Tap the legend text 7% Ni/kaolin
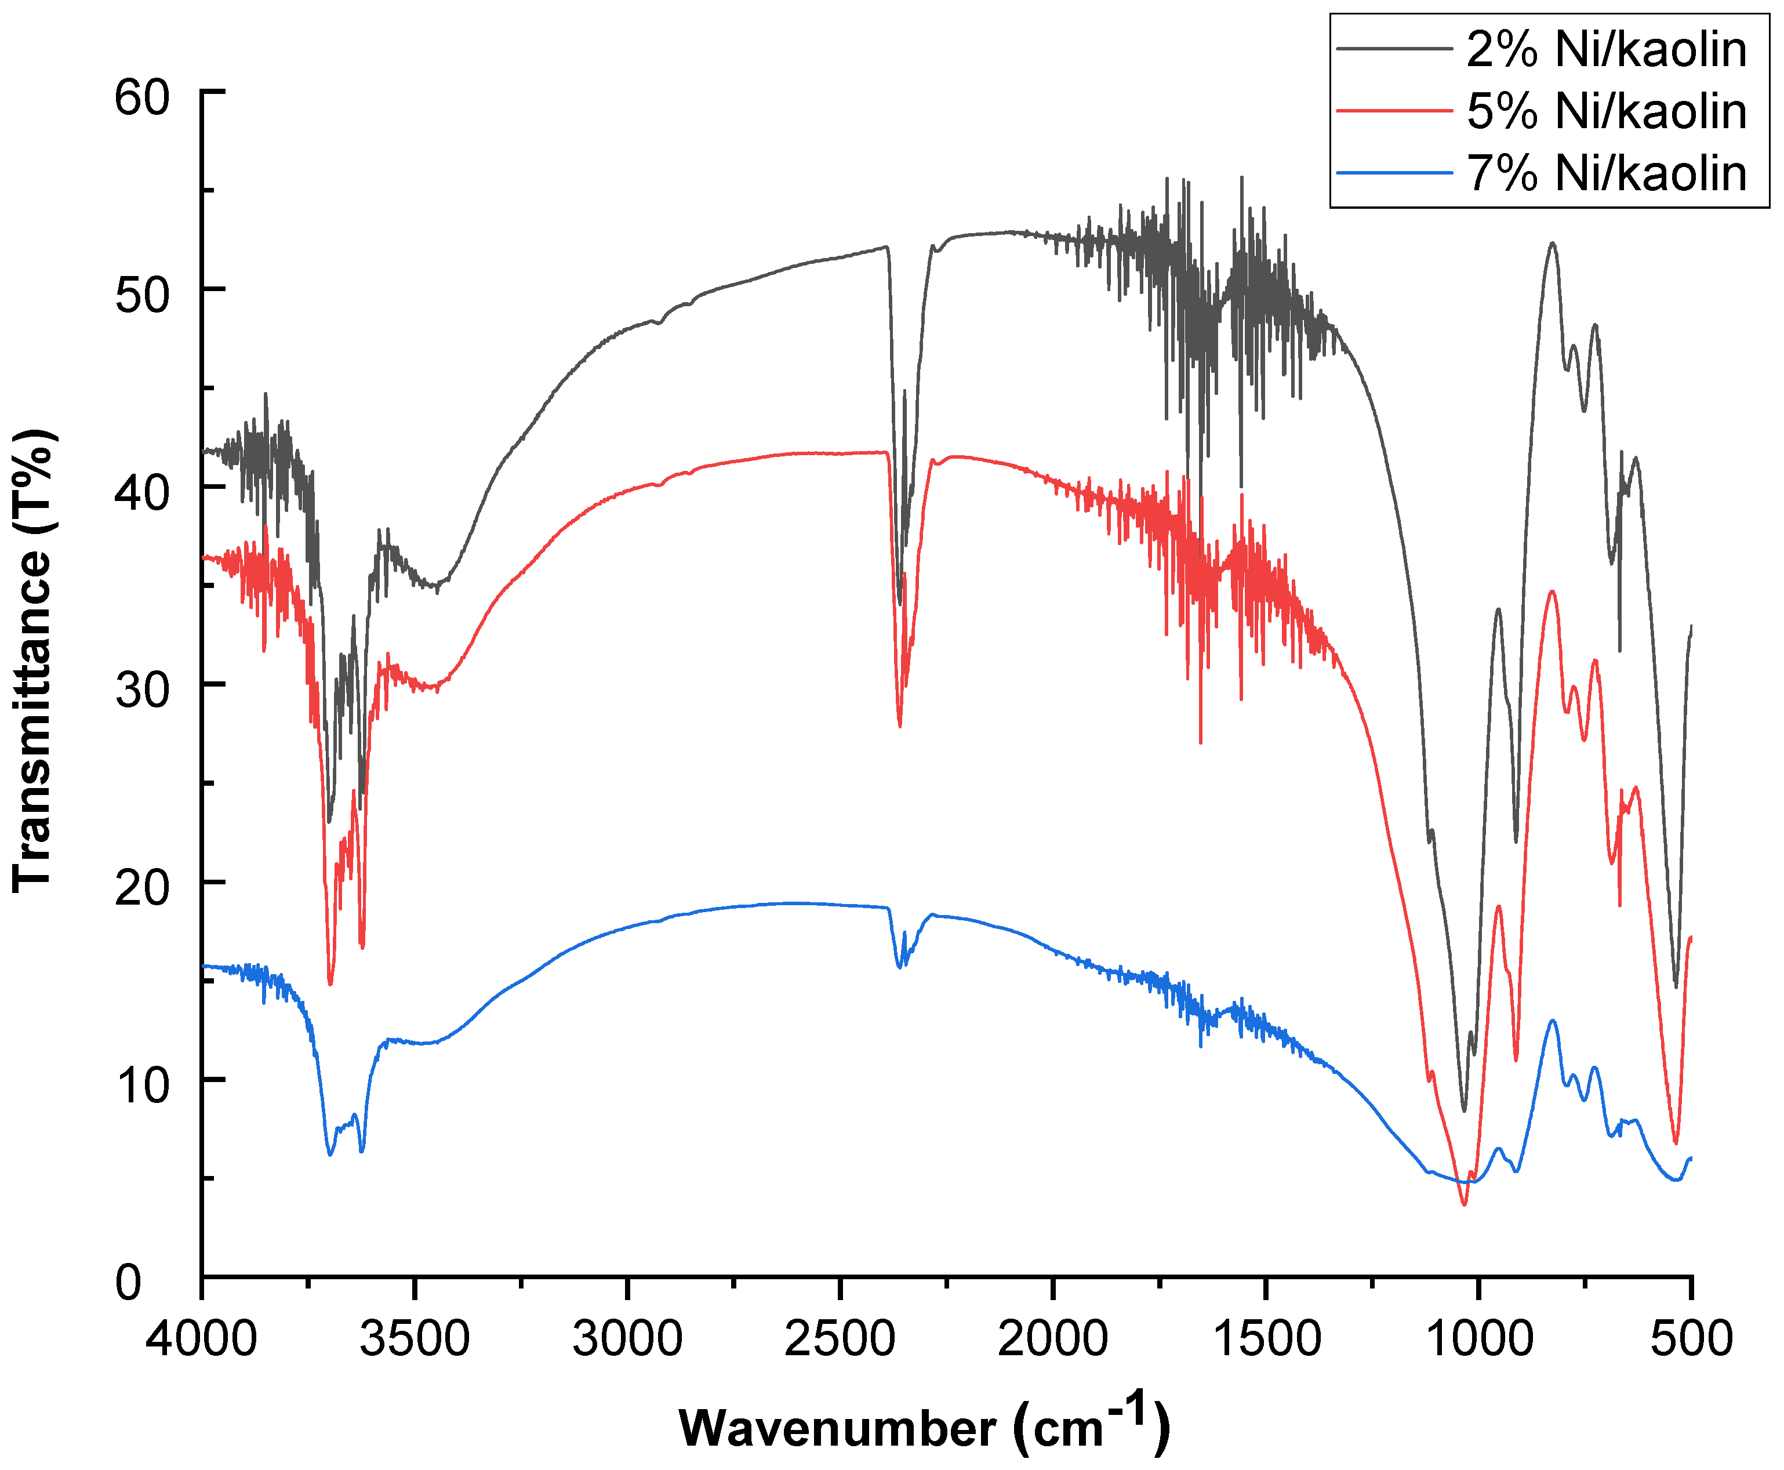tap(1606, 173)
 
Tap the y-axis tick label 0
tap(129, 1283)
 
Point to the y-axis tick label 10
tap(142, 1086)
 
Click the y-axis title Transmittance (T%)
tap(34, 660)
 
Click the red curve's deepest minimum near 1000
tap(1464, 1204)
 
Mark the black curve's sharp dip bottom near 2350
tap(899, 604)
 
